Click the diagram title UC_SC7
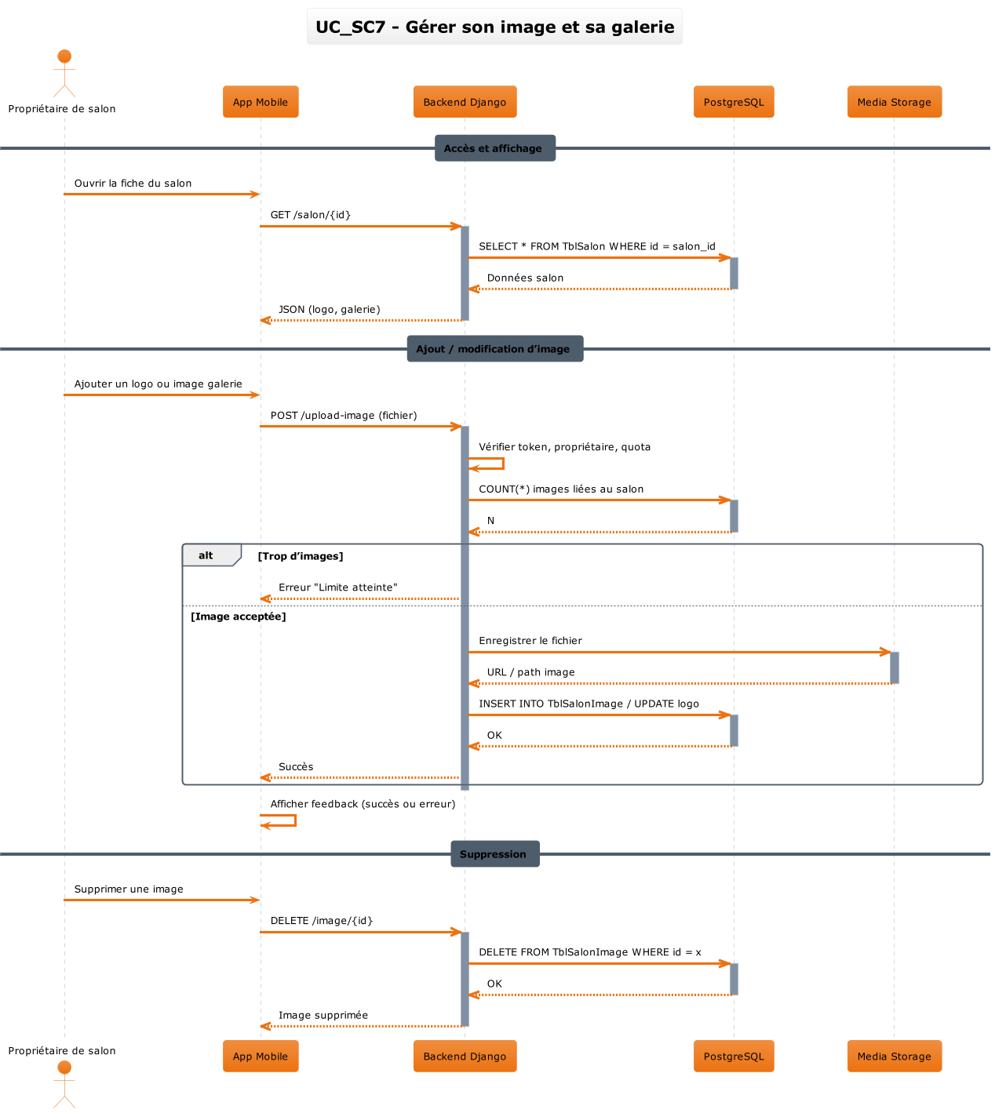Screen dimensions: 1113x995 pos(494,27)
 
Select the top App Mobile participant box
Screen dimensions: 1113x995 pos(261,102)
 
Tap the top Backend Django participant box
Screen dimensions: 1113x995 pos(465,102)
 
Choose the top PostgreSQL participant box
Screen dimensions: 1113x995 pos(734,102)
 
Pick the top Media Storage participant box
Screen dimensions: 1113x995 pos(894,102)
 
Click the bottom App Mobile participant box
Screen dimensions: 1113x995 pos(261,1057)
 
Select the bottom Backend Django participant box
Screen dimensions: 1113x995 pos(465,1057)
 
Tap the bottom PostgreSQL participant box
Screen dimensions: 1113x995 pos(734,1057)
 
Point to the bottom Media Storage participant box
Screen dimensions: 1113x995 pos(894,1057)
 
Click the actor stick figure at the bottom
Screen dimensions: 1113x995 pos(64,1084)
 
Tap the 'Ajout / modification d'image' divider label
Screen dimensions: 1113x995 pos(494,349)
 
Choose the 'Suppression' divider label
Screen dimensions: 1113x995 pos(494,854)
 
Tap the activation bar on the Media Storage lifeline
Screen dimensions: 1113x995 pos(895,667)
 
